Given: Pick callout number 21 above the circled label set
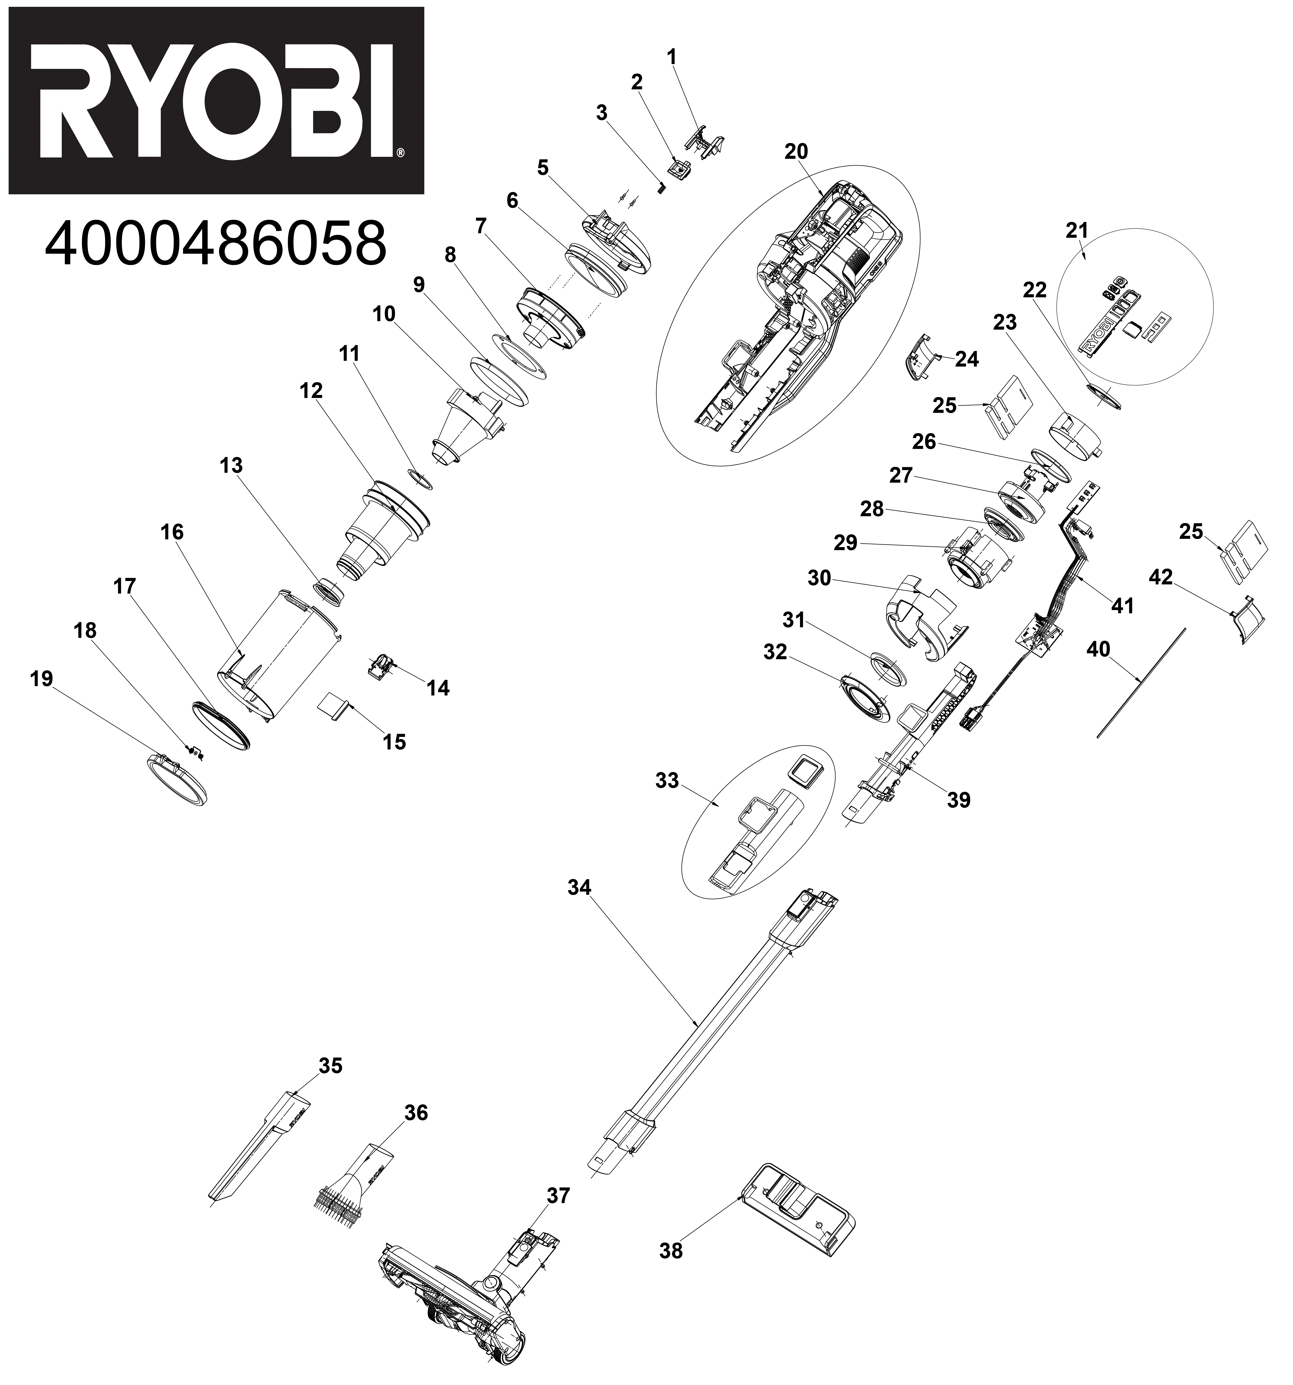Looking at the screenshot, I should click(x=1077, y=231).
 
